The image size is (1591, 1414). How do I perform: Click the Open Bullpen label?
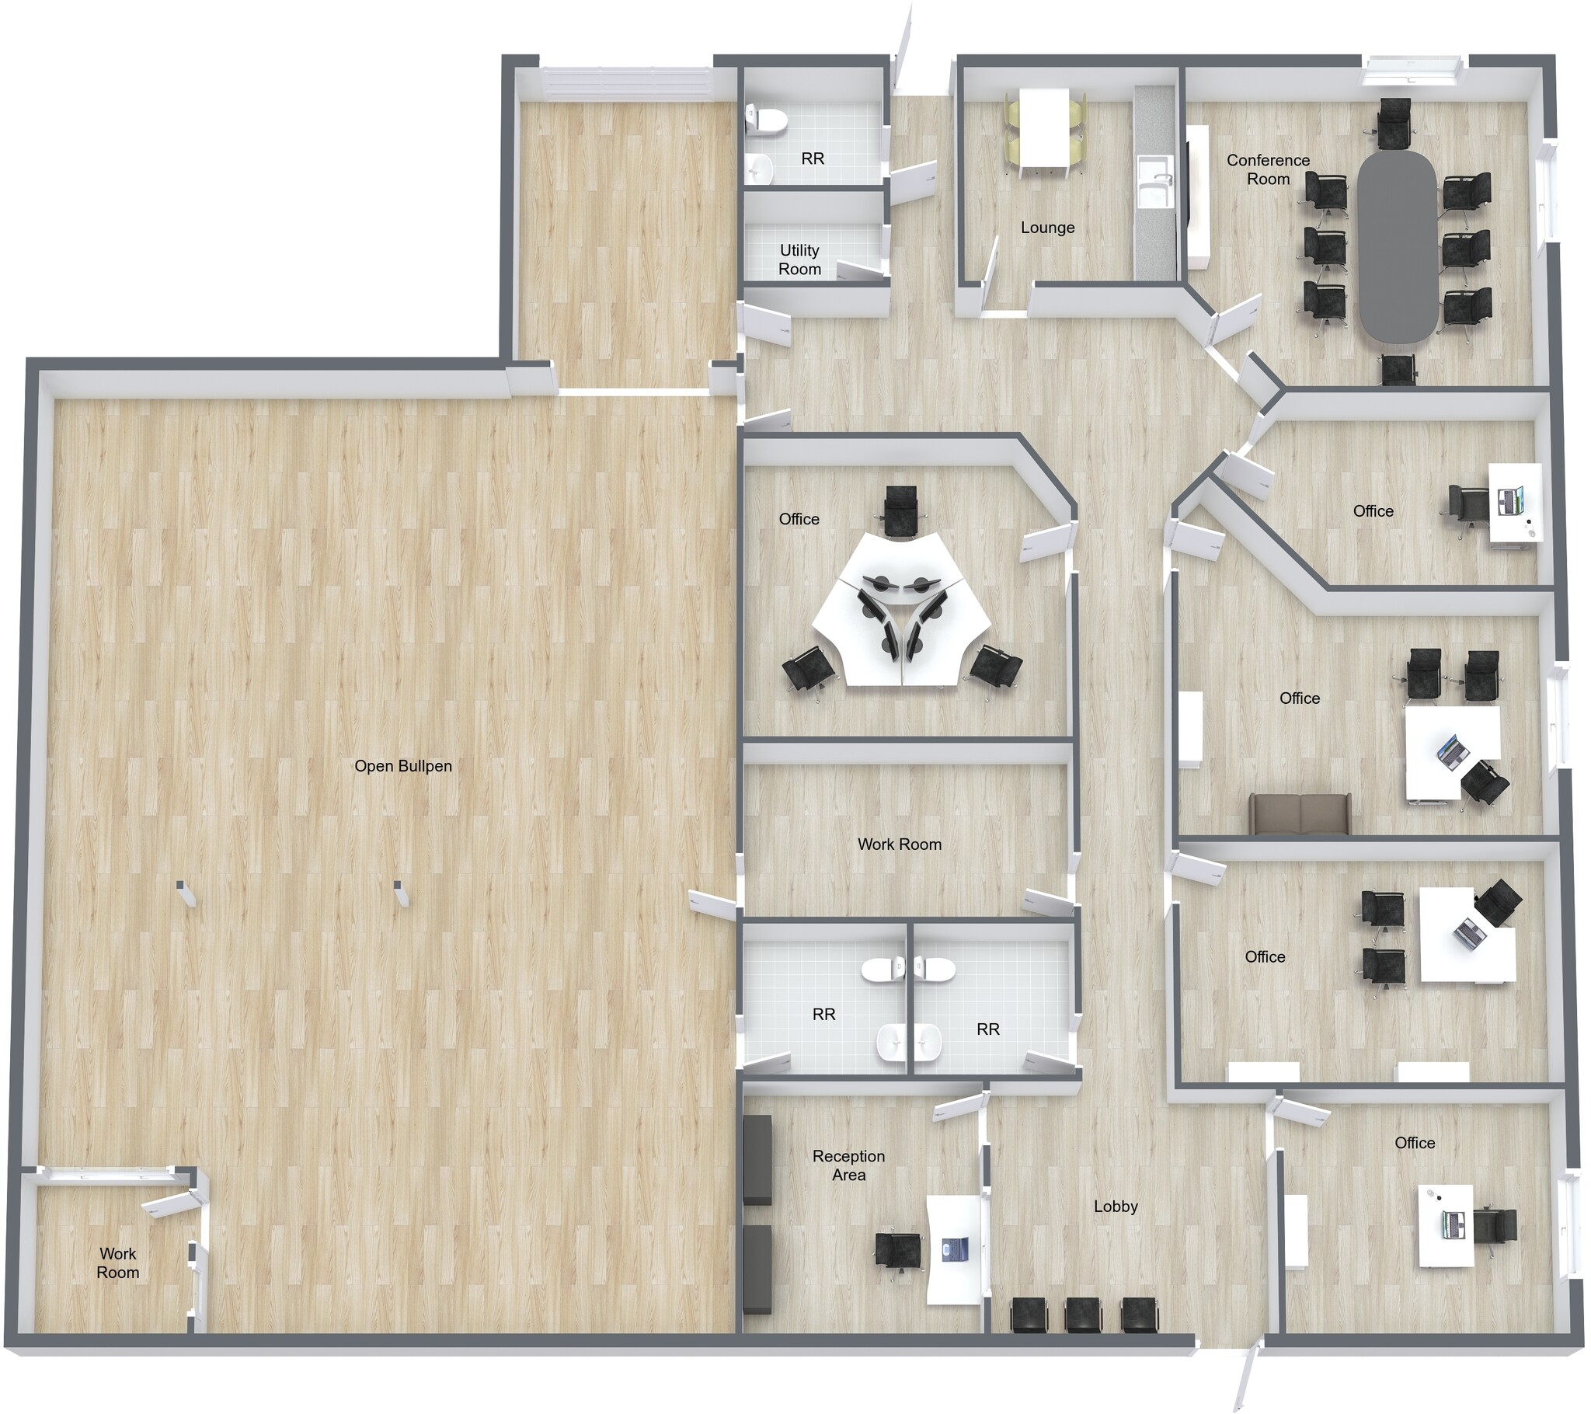(403, 766)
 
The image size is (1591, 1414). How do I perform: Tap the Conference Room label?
(1268, 169)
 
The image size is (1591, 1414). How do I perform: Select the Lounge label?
(1048, 228)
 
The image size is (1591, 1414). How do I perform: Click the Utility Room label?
(799, 260)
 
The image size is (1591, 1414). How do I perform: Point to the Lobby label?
(1116, 1206)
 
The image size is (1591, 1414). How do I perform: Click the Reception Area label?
(848, 1165)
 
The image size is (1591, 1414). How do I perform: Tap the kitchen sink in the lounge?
(1155, 182)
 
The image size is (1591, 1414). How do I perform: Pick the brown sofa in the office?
(1300, 815)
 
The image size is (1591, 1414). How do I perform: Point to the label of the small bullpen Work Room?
(117, 1263)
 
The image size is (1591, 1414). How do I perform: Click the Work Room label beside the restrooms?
(899, 844)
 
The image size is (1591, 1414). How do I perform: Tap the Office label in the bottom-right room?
(1415, 1143)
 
